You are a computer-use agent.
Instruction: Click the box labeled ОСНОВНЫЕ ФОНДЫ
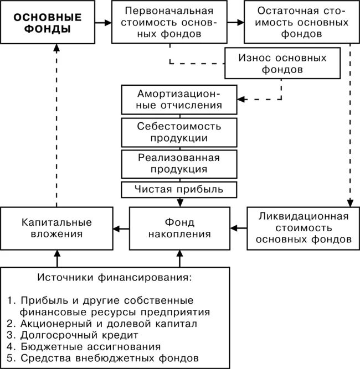[x=47, y=23]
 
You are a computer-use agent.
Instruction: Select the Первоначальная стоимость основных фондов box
[x=171, y=23]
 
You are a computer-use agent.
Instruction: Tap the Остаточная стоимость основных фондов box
[x=299, y=23]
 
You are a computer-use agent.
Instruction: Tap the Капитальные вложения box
[x=56, y=228]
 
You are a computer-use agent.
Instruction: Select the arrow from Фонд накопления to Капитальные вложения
[x=121, y=227]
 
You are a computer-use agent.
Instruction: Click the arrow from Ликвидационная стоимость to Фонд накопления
[x=239, y=227]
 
